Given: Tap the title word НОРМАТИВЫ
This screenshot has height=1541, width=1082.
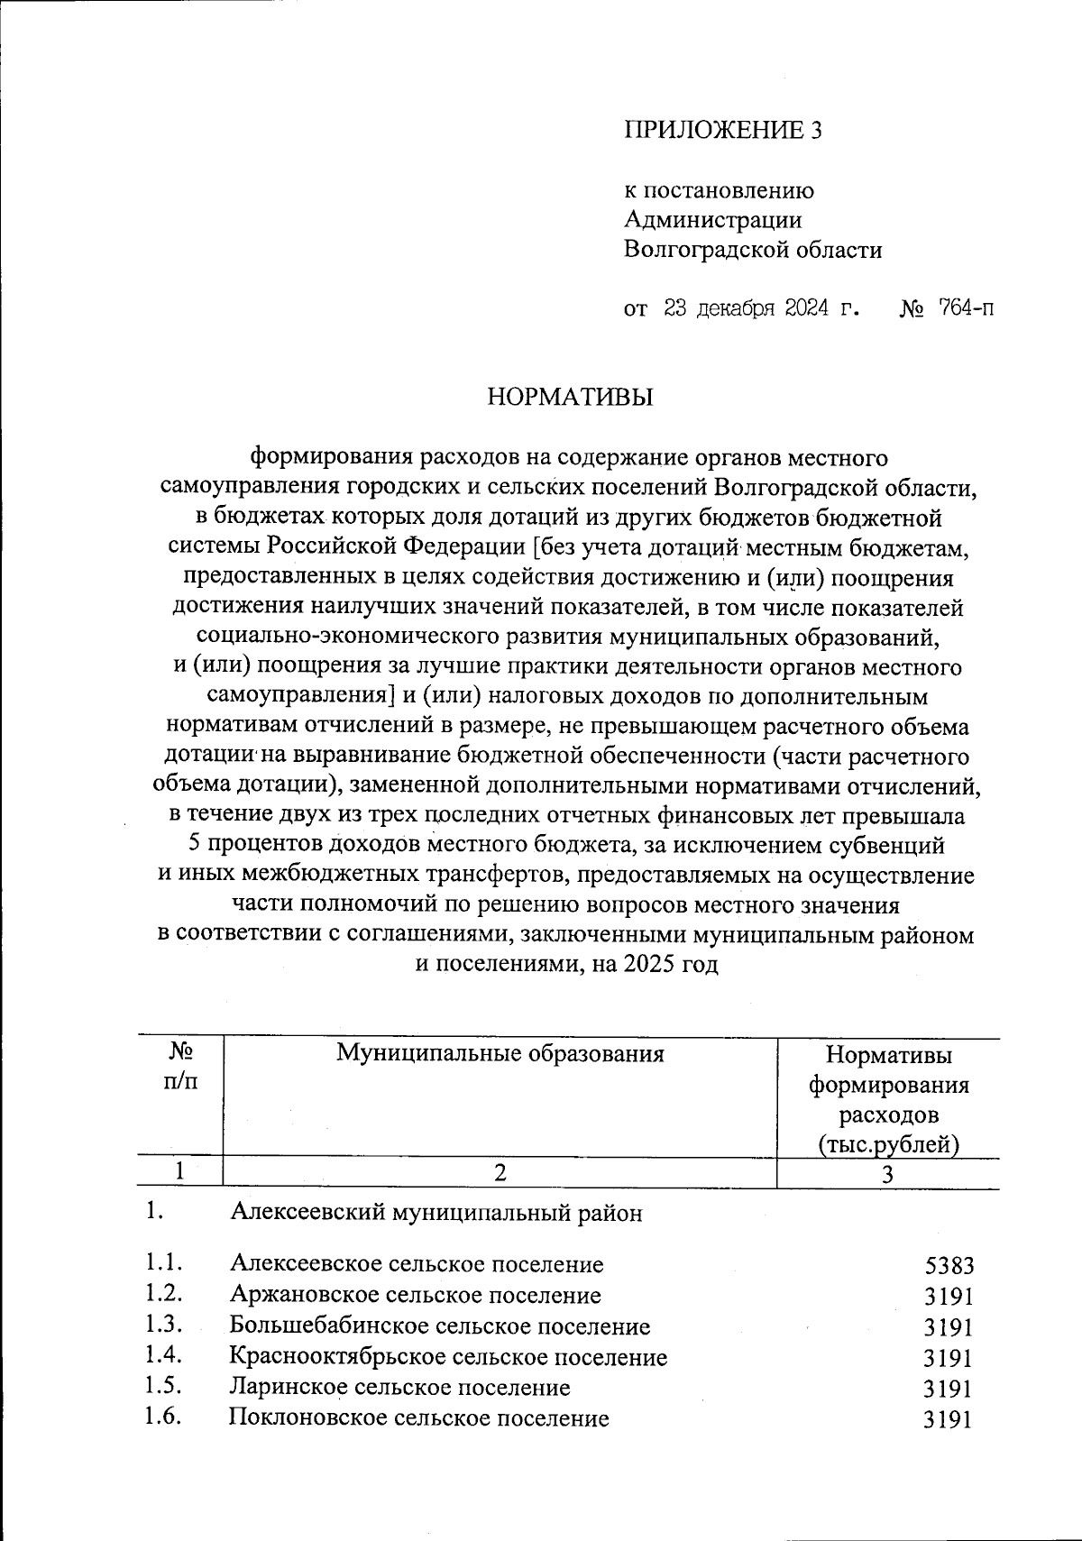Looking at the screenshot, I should click(570, 397).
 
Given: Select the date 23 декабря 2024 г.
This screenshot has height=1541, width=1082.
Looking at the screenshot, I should click(760, 309).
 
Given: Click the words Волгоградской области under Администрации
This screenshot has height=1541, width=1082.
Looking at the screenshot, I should click(753, 249).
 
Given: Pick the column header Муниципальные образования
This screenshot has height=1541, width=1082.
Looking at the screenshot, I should click(500, 1052).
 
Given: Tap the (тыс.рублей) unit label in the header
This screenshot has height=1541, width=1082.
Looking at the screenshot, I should click(888, 1145).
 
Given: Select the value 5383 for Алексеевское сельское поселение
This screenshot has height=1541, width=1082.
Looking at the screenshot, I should click(949, 1265).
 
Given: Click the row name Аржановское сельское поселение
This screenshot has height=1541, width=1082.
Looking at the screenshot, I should click(415, 1296).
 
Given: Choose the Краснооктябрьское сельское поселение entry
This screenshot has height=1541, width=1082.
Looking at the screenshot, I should click(448, 1356).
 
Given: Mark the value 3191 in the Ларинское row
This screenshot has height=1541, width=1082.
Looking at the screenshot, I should click(949, 1388).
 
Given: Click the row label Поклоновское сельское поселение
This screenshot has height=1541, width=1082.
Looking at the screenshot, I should click(418, 1418).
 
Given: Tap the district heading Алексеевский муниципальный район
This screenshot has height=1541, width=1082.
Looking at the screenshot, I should click(436, 1213).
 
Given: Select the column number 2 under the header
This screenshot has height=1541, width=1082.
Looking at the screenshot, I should click(499, 1172).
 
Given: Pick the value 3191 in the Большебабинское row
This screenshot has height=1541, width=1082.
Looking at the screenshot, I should click(949, 1327).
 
